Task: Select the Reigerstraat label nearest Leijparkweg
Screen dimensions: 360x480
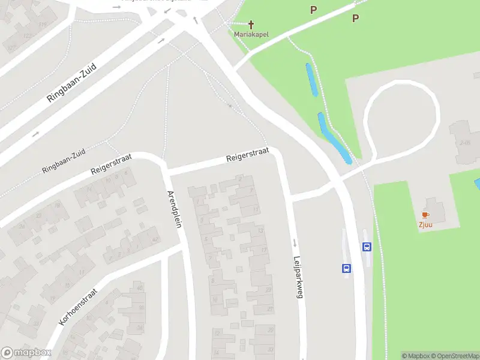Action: click(247, 154)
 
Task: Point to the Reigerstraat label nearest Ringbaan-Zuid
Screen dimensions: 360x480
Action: click(111, 163)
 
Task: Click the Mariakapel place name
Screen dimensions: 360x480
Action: click(251, 34)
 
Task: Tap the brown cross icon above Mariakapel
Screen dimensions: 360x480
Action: click(251, 25)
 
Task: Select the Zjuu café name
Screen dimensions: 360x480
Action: click(425, 225)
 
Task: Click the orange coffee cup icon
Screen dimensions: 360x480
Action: click(425, 215)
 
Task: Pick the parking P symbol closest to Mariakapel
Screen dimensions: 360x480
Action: click(313, 10)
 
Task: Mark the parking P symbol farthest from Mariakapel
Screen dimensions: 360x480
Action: click(355, 18)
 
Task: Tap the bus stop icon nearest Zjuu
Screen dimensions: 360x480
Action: click(366, 247)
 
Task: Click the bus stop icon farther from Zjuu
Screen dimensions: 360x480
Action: click(346, 268)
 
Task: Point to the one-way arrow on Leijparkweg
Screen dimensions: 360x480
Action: click(295, 243)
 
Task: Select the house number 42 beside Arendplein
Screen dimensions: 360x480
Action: click(156, 239)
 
